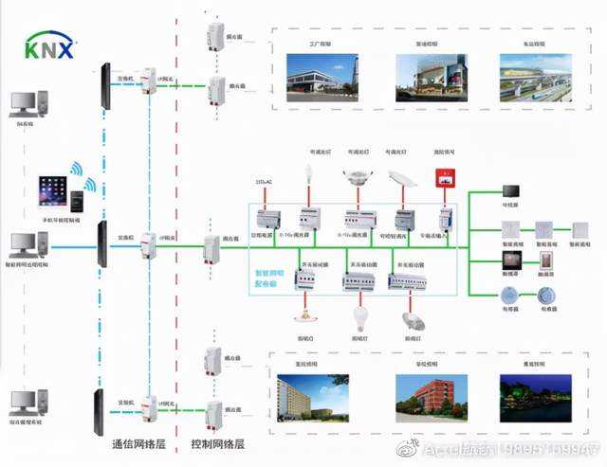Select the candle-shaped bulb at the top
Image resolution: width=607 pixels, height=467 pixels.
[307, 174]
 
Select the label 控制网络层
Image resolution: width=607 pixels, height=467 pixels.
[217, 443]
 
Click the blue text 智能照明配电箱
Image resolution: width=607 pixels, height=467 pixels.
[268, 278]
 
